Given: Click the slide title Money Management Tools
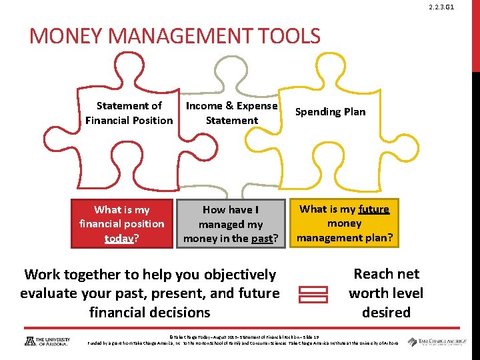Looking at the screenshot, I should (x=175, y=36).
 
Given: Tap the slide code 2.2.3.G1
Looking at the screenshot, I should (x=459, y=7).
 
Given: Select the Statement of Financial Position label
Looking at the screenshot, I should (x=129, y=113).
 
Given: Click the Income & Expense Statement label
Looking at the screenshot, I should (x=231, y=113).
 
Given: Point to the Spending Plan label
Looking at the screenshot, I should (x=331, y=111).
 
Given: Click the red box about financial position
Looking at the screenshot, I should (x=121, y=223).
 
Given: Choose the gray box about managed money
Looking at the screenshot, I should (x=231, y=224).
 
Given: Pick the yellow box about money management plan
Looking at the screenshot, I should (x=345, y=223).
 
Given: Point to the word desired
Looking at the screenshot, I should (x=386, y=312).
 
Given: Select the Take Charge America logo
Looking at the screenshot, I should (x=437, y=341).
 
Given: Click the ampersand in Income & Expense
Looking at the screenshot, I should (x=229, y=106).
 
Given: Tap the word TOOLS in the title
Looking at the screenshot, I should (x=287, y=36).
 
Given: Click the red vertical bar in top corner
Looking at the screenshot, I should (x=475, y=33).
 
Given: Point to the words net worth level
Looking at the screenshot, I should (x=386, y=283).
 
